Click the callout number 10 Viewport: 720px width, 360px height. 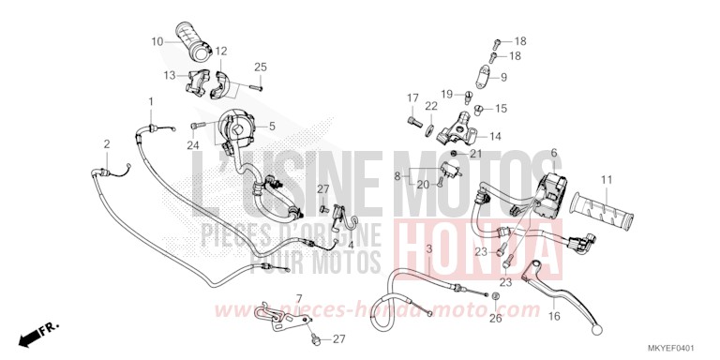tap(157, 40)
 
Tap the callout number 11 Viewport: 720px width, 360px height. tap(607, 179)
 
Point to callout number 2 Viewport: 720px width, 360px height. tap(107, 143)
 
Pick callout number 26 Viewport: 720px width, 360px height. tap(496, 319)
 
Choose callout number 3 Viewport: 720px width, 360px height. tap(428, 248)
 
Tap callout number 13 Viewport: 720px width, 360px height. tap(170, 75)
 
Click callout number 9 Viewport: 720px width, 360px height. tap(503, 77)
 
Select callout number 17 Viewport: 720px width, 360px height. tap(411, 98)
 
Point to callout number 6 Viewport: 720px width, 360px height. tap(554, 152)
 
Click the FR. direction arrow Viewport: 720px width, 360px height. tap(40, 333)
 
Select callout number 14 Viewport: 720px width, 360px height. tap(495, 136)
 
